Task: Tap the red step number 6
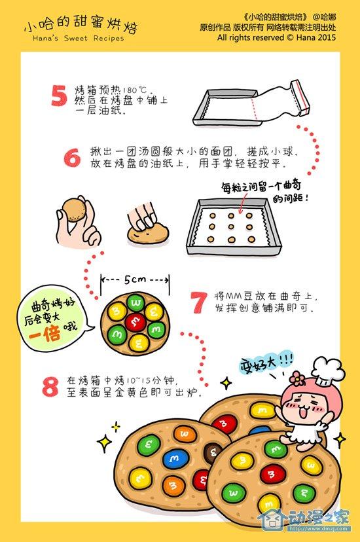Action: [72, 157]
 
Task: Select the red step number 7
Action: [199, 302]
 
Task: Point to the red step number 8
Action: [50, 386]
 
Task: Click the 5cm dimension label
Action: [135, 279]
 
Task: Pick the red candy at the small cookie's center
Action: [135, 322]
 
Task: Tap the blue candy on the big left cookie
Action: [175, 459]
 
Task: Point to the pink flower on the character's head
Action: [297, 379]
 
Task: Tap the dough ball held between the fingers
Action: [73, 209]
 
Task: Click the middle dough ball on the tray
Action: [231, 227]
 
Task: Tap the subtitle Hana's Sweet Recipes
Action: [78, 38]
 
